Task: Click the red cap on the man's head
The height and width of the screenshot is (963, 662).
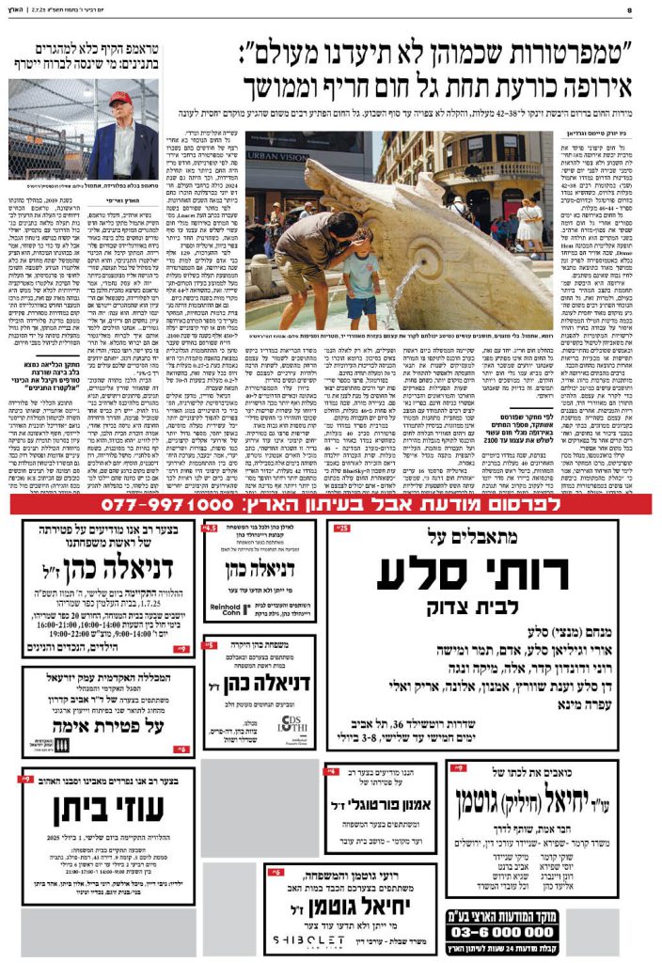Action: (x=119, y=98)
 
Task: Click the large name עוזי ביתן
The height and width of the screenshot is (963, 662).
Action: (x=105, y=808)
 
